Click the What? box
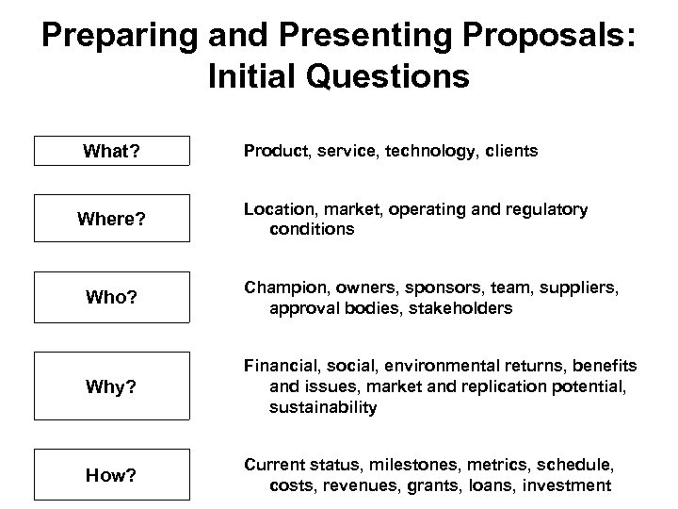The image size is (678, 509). click(112, 151)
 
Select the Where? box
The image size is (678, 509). click(112, 220)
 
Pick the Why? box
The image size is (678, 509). click(112, 386)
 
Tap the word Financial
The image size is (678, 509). click(280, 365)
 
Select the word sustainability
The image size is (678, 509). click(323, 407)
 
